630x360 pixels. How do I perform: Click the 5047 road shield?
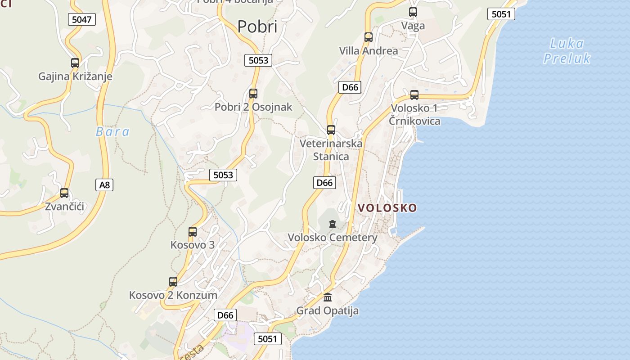(82, 19)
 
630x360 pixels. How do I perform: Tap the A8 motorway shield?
(104, 184)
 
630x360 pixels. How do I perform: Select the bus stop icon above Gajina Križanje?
(75, 63)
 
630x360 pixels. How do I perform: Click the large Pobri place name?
(257, 27)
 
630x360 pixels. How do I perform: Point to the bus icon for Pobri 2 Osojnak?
(253, 94)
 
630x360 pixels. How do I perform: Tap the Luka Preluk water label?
(567, 51)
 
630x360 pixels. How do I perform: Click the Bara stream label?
(112, 132)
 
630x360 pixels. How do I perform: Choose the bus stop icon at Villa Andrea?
(369, 37)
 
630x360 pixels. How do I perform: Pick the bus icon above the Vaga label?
(413, 12)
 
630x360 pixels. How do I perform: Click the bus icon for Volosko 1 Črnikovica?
(414, 95)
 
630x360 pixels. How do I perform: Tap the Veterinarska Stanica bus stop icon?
(331, 130)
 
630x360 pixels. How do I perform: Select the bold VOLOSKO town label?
(387, 208)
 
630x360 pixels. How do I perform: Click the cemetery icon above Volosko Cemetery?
(333, 224)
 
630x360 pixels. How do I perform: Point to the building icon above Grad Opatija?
(328, 297)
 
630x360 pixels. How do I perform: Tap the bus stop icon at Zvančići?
(64, 193)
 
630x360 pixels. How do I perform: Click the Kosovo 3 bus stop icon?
(193, 232)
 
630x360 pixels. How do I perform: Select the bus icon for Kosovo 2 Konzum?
(173, 282)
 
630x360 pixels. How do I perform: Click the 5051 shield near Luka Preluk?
(501, 14)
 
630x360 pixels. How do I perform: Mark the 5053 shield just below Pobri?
(258, 60)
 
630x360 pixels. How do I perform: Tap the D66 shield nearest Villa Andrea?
(350, 87)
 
